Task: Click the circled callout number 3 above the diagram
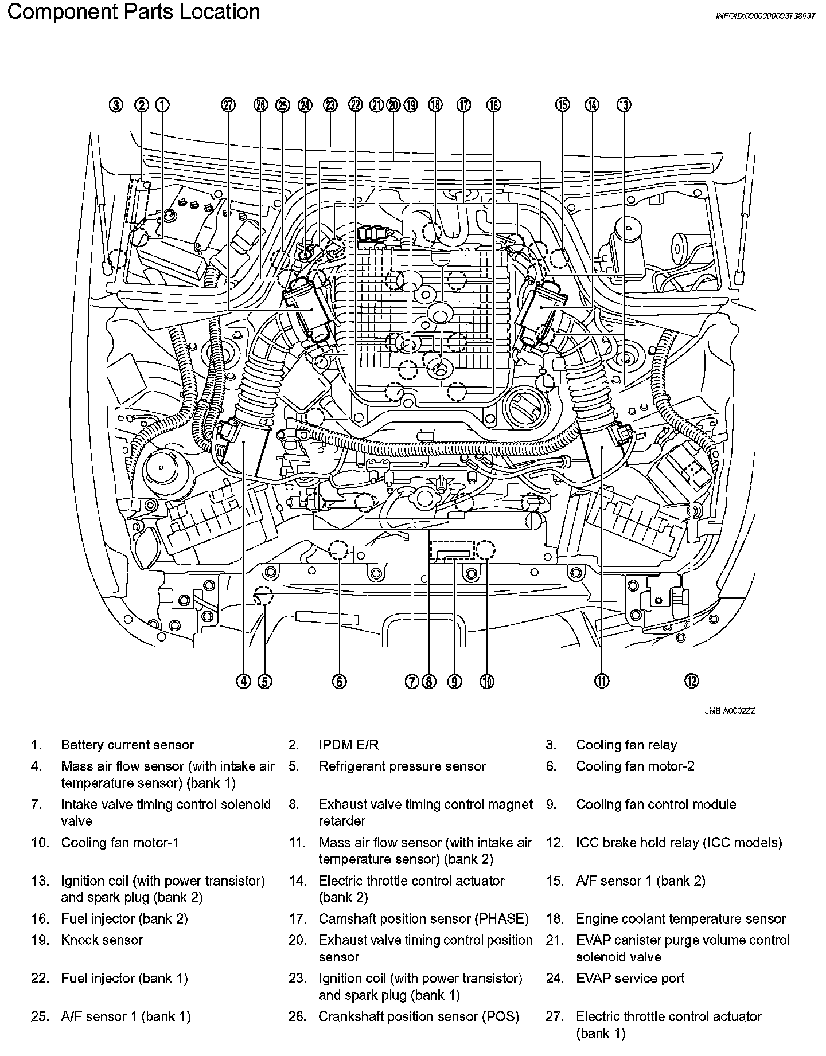(116, 105)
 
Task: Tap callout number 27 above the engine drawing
(228, 105)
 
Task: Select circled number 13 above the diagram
(624, 105)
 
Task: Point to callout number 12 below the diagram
(692, 681)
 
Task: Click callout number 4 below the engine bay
(244, 681)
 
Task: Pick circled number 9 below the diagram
(455, 681)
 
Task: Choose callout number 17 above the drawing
(463, 105)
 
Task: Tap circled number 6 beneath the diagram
(339, 681)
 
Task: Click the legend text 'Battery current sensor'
(127, 745)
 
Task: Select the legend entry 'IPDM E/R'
(348, 745)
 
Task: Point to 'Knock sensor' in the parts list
(102, 940)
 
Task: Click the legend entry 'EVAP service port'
(630, 978)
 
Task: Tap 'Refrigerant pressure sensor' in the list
(402, 766)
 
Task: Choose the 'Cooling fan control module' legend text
(656, 804)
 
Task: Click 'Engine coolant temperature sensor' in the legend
(681, 919)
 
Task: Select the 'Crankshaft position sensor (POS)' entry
(419, 1016)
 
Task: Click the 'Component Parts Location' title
(133, 12)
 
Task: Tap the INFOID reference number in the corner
(765, 16)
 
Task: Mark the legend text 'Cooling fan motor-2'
(635, 766)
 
